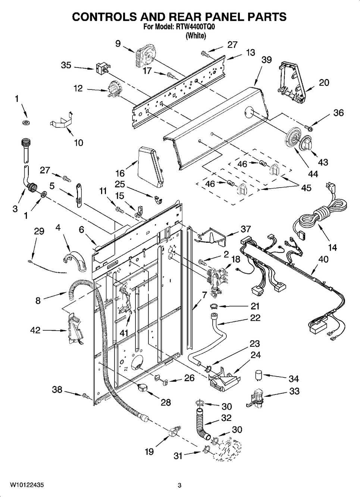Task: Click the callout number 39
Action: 266,60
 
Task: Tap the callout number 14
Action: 332,247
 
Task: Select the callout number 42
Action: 35,330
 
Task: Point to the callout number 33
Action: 294,391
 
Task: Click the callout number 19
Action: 149,452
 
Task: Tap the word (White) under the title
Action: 195,36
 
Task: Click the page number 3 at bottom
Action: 179,485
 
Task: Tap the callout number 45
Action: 306,188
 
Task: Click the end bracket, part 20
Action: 291,81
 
